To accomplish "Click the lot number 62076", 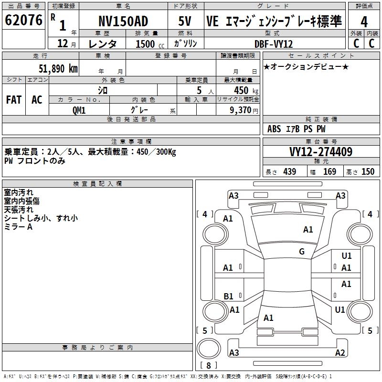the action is pyautogui.click(x=23, y=21).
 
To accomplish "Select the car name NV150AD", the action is pyautogui.click(x=123, y=21).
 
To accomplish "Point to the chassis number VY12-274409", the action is pyautogui.click(x=321, y=152).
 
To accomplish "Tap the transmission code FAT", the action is pyautogui.click(x=14, y=99).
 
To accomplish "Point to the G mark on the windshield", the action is pyautogui.click(x=302, y=252).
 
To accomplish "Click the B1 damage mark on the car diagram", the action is pyautogui.click(x=229, y=297).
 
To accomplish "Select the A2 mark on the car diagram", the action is pyautogui.click(x=340, y=353).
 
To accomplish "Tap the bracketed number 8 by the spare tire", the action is pyautogui.click(x=208, y=366).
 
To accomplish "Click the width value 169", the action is pyautogui.click(x=329, y=171).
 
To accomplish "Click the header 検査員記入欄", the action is pyautogui.click(x=97, y=183).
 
